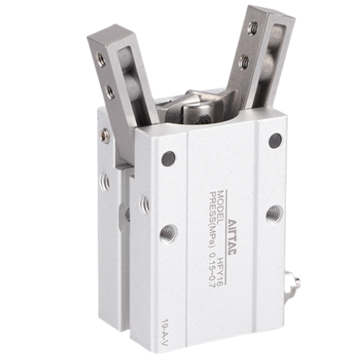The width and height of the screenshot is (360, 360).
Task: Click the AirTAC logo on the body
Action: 232,238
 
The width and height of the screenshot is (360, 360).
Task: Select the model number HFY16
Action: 220,271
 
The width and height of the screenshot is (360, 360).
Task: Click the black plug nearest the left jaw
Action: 168,158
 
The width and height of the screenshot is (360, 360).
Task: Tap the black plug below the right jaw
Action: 275,140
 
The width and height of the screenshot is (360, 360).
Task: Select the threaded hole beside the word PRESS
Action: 168,233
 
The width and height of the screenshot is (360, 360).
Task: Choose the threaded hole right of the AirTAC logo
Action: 274,214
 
